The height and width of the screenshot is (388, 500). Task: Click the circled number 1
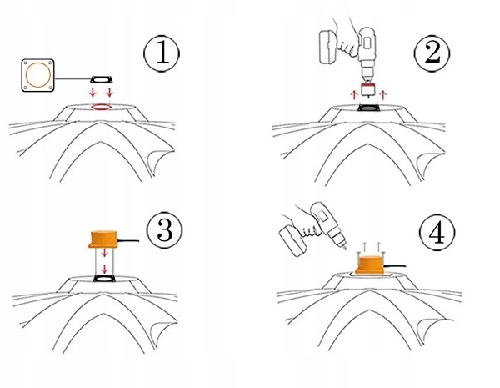tap(162, 53)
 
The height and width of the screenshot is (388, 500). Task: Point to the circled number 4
tap(434, 233)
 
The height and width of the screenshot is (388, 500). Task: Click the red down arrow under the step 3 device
tap(103, 268)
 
